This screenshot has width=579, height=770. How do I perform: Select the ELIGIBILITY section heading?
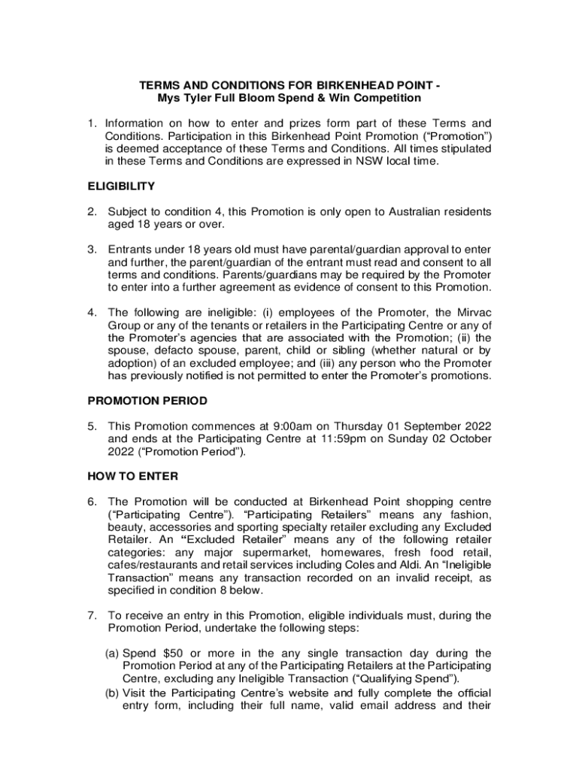[122, 186]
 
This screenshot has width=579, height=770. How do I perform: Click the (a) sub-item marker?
[112, 653]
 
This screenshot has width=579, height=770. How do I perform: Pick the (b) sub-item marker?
[112, 693]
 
